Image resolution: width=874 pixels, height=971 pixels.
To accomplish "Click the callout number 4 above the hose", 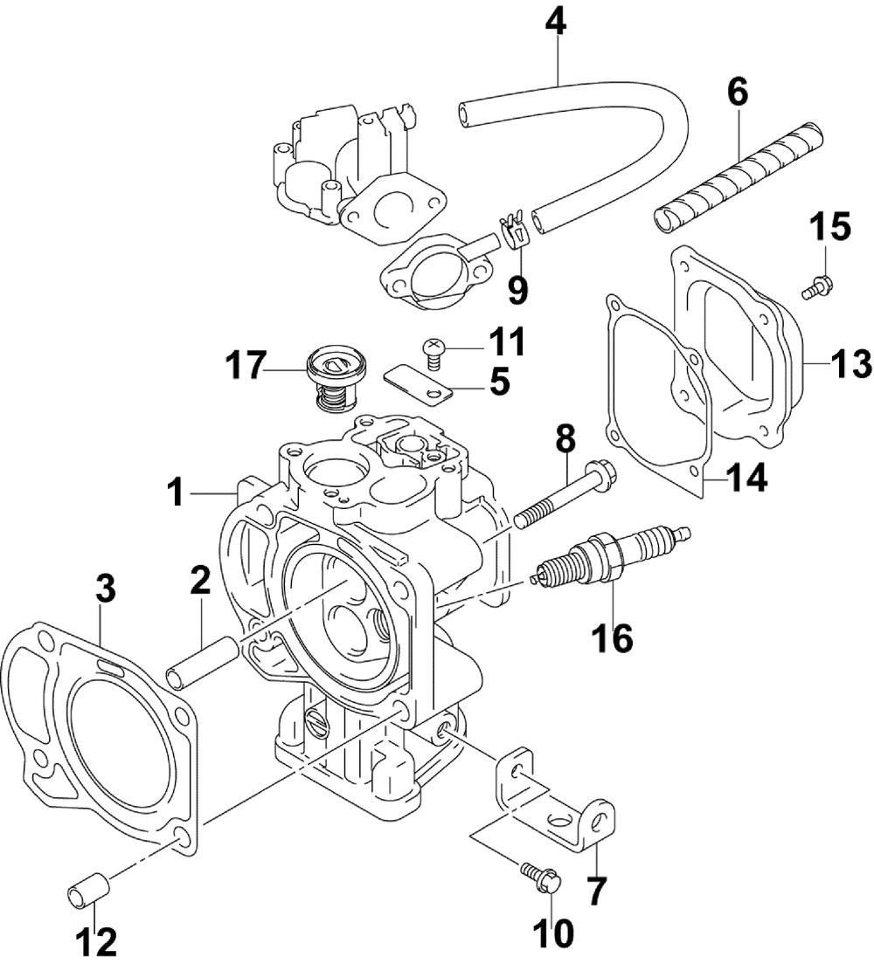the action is [x=556, y=24].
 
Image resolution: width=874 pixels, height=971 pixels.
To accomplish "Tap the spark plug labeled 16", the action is [x=612, y=554].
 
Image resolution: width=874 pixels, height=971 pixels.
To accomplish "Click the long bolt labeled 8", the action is [x=560, y=493].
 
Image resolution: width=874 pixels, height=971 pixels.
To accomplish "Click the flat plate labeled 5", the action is [x=418, y=387].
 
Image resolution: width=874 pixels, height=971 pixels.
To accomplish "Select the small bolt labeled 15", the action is [x=817, y=286].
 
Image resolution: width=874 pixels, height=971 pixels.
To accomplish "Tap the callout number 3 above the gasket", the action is [x=106, y=589].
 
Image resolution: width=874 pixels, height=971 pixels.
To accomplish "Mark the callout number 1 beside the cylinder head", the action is [x=177, y=493].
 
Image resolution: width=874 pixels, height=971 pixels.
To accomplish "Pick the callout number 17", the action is [x=246, y=365].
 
